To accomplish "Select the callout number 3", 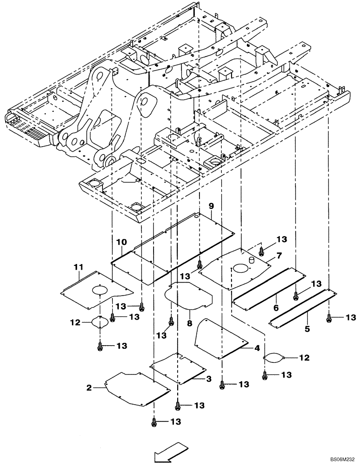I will tap(209, 379).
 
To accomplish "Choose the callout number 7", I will tap(280, 256).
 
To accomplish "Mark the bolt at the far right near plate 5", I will tap(329, 317).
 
